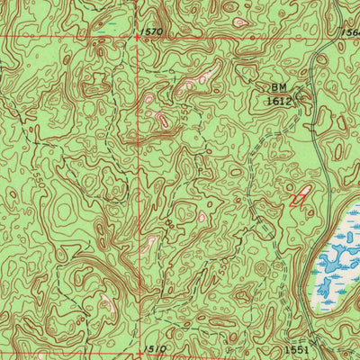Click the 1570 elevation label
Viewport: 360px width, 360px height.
pyautogui.click(x=154, y=31)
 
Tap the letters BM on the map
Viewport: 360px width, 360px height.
pyautogui.click(x=280, y=88)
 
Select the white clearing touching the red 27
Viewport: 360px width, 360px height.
pyautogui.click(x=304, y=190)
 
